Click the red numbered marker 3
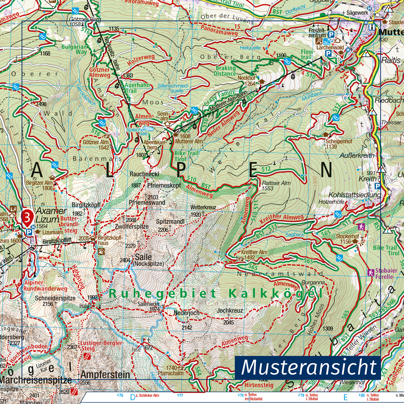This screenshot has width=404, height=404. pyautogui.click(x=28, y=217)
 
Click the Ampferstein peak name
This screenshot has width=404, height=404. pyautogui.click(x=105, y=375)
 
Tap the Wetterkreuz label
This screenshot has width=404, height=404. pyautogui.click(x=203, y=207)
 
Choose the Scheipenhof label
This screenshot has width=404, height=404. pyautogui.click(x=339, y=141)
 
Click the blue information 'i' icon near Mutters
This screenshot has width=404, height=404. pyautogui.click(x=372, y=27)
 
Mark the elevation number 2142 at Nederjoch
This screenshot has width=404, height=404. pyautogui.click(x=187, y=327)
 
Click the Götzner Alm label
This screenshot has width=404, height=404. pyautogui.click(x=96, y=142)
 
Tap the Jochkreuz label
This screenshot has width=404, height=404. pyautogui.click(x=230, y=311)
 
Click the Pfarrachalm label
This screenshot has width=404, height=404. pyautogui.click(x=171, y=373)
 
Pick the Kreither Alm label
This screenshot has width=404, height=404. pyautogui.click(x=254, y=252)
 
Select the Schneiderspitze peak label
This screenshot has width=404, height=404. pyautogui.click(x=55, y=298)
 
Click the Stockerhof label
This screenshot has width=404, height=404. pyautogui.click(x=347, y=236)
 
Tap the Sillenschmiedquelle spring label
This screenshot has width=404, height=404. pyautogui.click(x=173, y=88)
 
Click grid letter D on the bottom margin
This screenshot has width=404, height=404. pyautogui.click(x=133, y=397)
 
